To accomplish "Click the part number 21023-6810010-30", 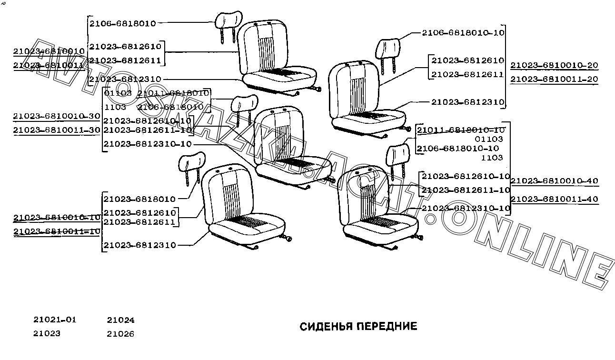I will [57, 116].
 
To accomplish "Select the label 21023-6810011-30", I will [57, 130].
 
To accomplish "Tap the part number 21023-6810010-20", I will [554, 65].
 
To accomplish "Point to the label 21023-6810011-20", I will [554, 79].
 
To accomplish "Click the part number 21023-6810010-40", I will [554, 181].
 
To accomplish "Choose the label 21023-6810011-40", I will [554, 199].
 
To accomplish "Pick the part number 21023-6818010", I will [139, 199].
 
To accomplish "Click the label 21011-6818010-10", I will [461, 130].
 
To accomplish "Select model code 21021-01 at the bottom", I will [55, 320].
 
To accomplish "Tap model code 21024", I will [120, 320].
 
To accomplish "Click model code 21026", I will [120, 334].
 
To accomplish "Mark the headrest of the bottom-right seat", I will [398, 152].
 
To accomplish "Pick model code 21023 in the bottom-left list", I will [47, 333].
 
